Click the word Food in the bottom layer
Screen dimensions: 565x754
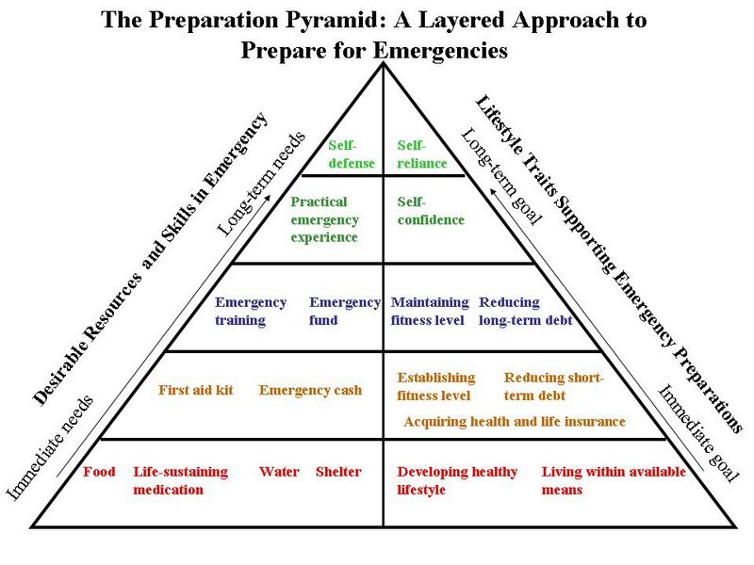(99, 472)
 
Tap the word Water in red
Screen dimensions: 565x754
(279, 472)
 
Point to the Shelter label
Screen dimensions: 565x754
(338, 472)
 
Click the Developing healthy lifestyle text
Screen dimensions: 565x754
(457, 480)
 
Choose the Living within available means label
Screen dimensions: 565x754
(614, 480)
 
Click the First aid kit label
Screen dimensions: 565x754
(195, 390)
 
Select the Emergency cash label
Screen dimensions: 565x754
(310, 390)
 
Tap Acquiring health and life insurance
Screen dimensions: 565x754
(514, 422)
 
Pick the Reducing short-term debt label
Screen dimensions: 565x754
(554, 386)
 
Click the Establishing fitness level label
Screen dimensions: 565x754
(436, 386)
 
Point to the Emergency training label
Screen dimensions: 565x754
(250, 311)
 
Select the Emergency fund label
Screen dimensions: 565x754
(344, 311)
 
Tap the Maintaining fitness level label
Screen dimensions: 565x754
(430, 311)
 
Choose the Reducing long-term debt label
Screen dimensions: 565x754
(525, 311)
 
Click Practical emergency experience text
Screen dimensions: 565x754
(324, 219)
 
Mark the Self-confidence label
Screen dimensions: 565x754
(431, 211)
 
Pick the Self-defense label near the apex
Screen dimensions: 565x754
(352, 154)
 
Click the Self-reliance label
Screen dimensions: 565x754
(421, 154)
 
